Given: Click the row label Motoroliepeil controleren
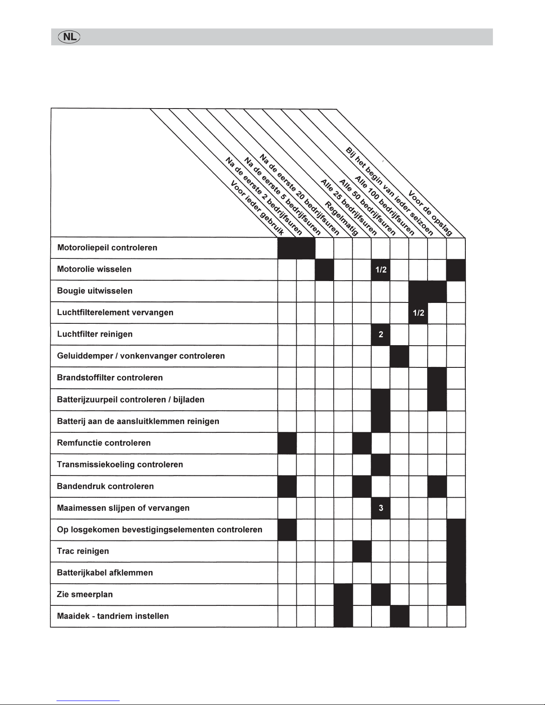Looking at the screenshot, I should pos(107,248).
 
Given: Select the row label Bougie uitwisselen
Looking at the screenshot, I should pos(95,291).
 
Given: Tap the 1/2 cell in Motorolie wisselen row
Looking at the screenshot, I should pos(380,270).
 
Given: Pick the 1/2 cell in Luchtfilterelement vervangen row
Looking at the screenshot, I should pos(418,313).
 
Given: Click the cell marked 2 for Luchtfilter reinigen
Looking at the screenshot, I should pos(380,334).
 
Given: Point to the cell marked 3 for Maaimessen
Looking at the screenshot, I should pos(380,508).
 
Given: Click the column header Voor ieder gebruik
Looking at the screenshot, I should pos(257,208).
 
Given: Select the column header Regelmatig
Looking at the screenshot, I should pos(342,218).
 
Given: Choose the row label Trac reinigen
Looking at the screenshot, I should pos(83,551).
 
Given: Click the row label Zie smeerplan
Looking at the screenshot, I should pos(85,594).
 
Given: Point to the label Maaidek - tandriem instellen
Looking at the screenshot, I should pos(113,616).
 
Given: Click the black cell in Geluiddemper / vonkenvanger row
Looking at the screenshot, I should pos(399,356).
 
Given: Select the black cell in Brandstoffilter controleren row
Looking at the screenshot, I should pos(437,378).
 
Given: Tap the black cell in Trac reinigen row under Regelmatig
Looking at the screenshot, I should pos(361,551).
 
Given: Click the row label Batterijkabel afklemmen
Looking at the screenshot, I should pos(105,572).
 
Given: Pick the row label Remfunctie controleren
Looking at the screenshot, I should pos(104,443).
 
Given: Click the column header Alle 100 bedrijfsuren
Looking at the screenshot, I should pos(384,205).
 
